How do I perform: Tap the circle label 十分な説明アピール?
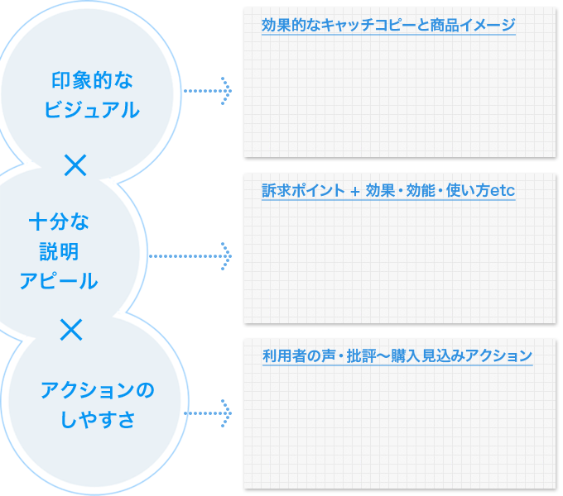coord(59,251)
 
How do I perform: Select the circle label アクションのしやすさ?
coord(98,403)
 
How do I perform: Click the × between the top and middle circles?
coord(75,165)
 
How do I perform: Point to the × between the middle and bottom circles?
coord(72,330)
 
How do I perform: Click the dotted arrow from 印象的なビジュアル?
coord(207,89)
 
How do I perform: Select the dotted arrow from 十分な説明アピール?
coord(190,255)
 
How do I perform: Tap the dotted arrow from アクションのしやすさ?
coord(207,412)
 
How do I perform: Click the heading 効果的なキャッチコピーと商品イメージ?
coord(387,26)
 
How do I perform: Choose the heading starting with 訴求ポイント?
coord(387,191)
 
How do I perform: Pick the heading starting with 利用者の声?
coord(397,356)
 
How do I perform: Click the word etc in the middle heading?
coord(503,192)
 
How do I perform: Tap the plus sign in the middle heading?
coord(354,192)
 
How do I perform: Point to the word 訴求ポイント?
coord(303,191)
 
